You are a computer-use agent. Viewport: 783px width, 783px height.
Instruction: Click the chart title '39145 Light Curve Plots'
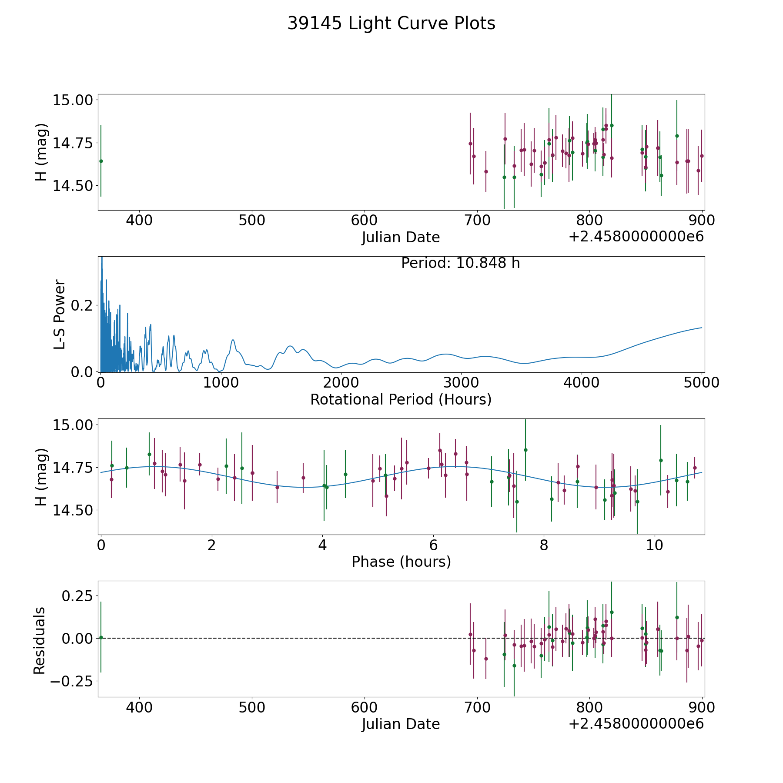[x=391, y=23]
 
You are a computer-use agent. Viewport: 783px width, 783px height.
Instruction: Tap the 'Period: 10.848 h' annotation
[x=460, y=263]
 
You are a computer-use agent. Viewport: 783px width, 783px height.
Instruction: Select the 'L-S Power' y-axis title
[x=60, y=314]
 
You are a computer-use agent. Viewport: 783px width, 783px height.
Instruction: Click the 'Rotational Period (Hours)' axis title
[x=401, y=399]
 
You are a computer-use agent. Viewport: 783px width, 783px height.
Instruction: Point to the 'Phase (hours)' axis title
[x=401, y=562]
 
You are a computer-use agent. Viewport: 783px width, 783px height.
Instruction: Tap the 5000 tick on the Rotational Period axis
[x=702, y=382]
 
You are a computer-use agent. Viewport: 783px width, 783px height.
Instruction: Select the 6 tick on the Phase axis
[x=433, y=545]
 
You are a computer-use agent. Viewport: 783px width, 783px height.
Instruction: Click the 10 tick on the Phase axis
[x=654, y=545]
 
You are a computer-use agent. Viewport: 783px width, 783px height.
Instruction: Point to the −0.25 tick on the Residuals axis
[x=71, y=681]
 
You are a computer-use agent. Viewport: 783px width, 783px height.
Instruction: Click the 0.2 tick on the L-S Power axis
[x=82, y=305]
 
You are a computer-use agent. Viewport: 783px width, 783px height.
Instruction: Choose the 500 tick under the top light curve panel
[x=252, y=221]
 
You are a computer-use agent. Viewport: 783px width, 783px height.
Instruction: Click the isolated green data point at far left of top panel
[x=101, y=161]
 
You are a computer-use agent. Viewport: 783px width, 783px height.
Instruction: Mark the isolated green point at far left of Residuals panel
[x=101, y=637]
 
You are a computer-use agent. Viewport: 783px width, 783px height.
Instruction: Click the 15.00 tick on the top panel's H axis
[x=73, y=100]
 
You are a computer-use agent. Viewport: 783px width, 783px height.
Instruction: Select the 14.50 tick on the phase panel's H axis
[x=73, y=510]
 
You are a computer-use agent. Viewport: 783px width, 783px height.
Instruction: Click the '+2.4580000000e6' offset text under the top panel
[x=636, y=237]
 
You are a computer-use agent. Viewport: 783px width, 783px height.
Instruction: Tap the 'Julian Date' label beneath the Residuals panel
[x=401, y=724]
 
